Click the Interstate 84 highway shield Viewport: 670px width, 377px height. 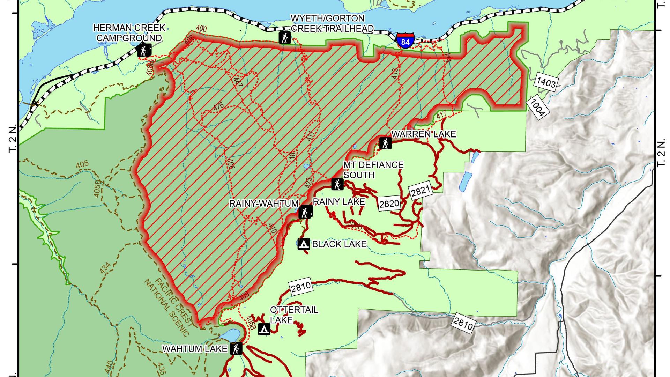pos(405,41)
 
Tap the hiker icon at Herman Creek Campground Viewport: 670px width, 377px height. pos(144,50)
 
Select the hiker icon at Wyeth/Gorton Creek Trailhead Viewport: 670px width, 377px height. pos(285,37)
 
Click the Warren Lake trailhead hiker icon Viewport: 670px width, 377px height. pos(385,143)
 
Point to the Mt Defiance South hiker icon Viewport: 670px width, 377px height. pos(337,184)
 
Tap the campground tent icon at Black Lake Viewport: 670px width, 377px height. pos(304,244)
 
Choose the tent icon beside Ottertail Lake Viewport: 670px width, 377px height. pos(264,329)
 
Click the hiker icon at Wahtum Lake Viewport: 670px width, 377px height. pos(236,348)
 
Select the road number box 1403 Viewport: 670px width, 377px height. pos(546,83)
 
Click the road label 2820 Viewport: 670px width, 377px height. pos(389,204)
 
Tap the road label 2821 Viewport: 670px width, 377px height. pos(420,191)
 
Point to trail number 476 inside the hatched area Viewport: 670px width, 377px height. pos(218,108)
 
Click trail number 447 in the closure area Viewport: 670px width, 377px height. pos(238,82)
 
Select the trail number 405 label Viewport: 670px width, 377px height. pos(82,164)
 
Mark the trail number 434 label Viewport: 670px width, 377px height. pos(105,267)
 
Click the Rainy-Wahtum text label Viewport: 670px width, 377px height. pos(263,204)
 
